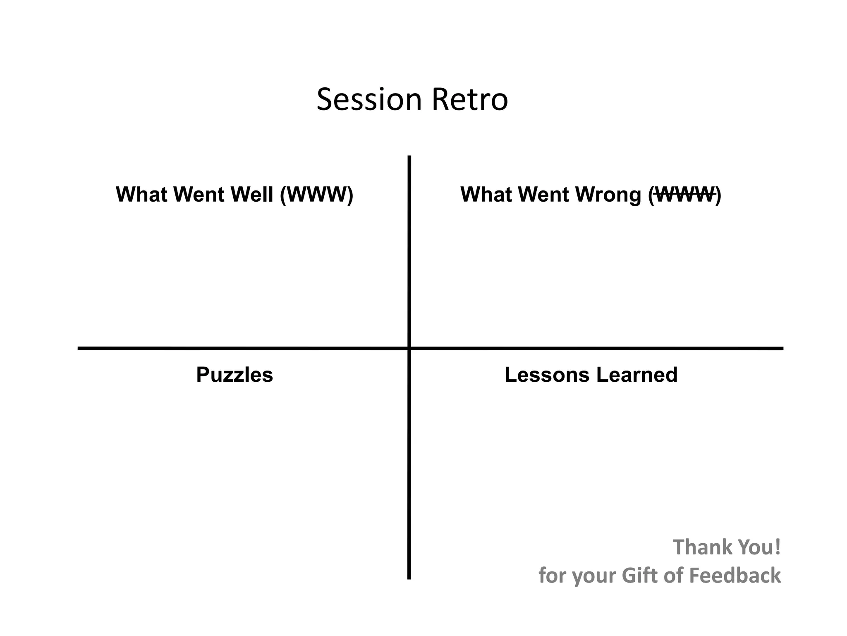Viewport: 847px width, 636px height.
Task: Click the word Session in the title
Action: (369, 100)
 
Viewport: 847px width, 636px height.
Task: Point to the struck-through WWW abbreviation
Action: (685, 194)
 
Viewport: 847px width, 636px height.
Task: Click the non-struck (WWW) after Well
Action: (317, 194)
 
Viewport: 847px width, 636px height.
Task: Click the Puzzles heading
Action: (234, 375)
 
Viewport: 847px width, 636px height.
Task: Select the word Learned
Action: (637, 375)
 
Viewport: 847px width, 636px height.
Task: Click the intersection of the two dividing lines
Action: (409, 348)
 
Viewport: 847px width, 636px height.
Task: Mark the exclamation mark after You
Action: (778, 547)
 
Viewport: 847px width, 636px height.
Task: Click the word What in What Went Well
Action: (142, 194)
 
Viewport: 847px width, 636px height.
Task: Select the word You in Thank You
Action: (755, 547)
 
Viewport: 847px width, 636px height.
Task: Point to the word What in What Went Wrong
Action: (487, 194)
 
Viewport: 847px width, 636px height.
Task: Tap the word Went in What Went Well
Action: (199, 194)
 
